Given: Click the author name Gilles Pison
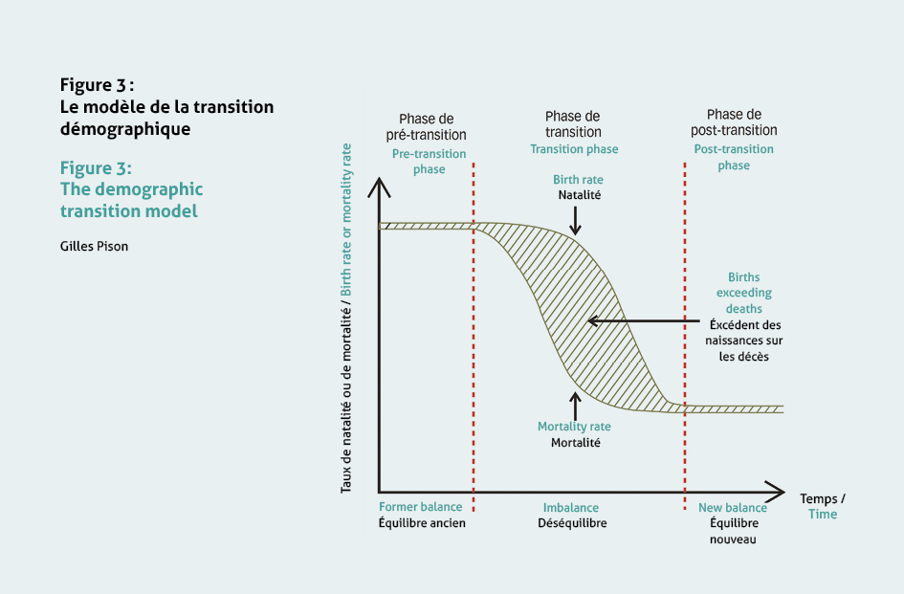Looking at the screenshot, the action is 94,246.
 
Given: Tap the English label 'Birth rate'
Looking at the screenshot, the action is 578,180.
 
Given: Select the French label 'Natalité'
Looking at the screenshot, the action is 580,195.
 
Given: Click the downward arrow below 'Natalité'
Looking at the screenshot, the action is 575,221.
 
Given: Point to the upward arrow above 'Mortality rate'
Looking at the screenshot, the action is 575,406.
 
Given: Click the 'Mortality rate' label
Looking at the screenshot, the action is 574,427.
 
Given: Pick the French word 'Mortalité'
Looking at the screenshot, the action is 575,443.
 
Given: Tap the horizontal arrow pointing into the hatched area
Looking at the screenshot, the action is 644,320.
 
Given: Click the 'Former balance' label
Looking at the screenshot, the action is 420,507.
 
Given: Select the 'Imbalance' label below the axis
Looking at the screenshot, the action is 571,508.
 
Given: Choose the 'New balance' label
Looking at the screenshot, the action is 732,508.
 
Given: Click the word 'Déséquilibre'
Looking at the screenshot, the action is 572,523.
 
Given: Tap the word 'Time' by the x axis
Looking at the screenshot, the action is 823,514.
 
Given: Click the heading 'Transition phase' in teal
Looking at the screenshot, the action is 574,149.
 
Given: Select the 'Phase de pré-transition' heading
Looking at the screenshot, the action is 426,127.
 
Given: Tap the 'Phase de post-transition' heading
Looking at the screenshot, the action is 734,122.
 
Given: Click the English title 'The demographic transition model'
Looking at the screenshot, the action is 131,200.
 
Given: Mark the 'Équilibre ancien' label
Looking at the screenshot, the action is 422,523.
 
